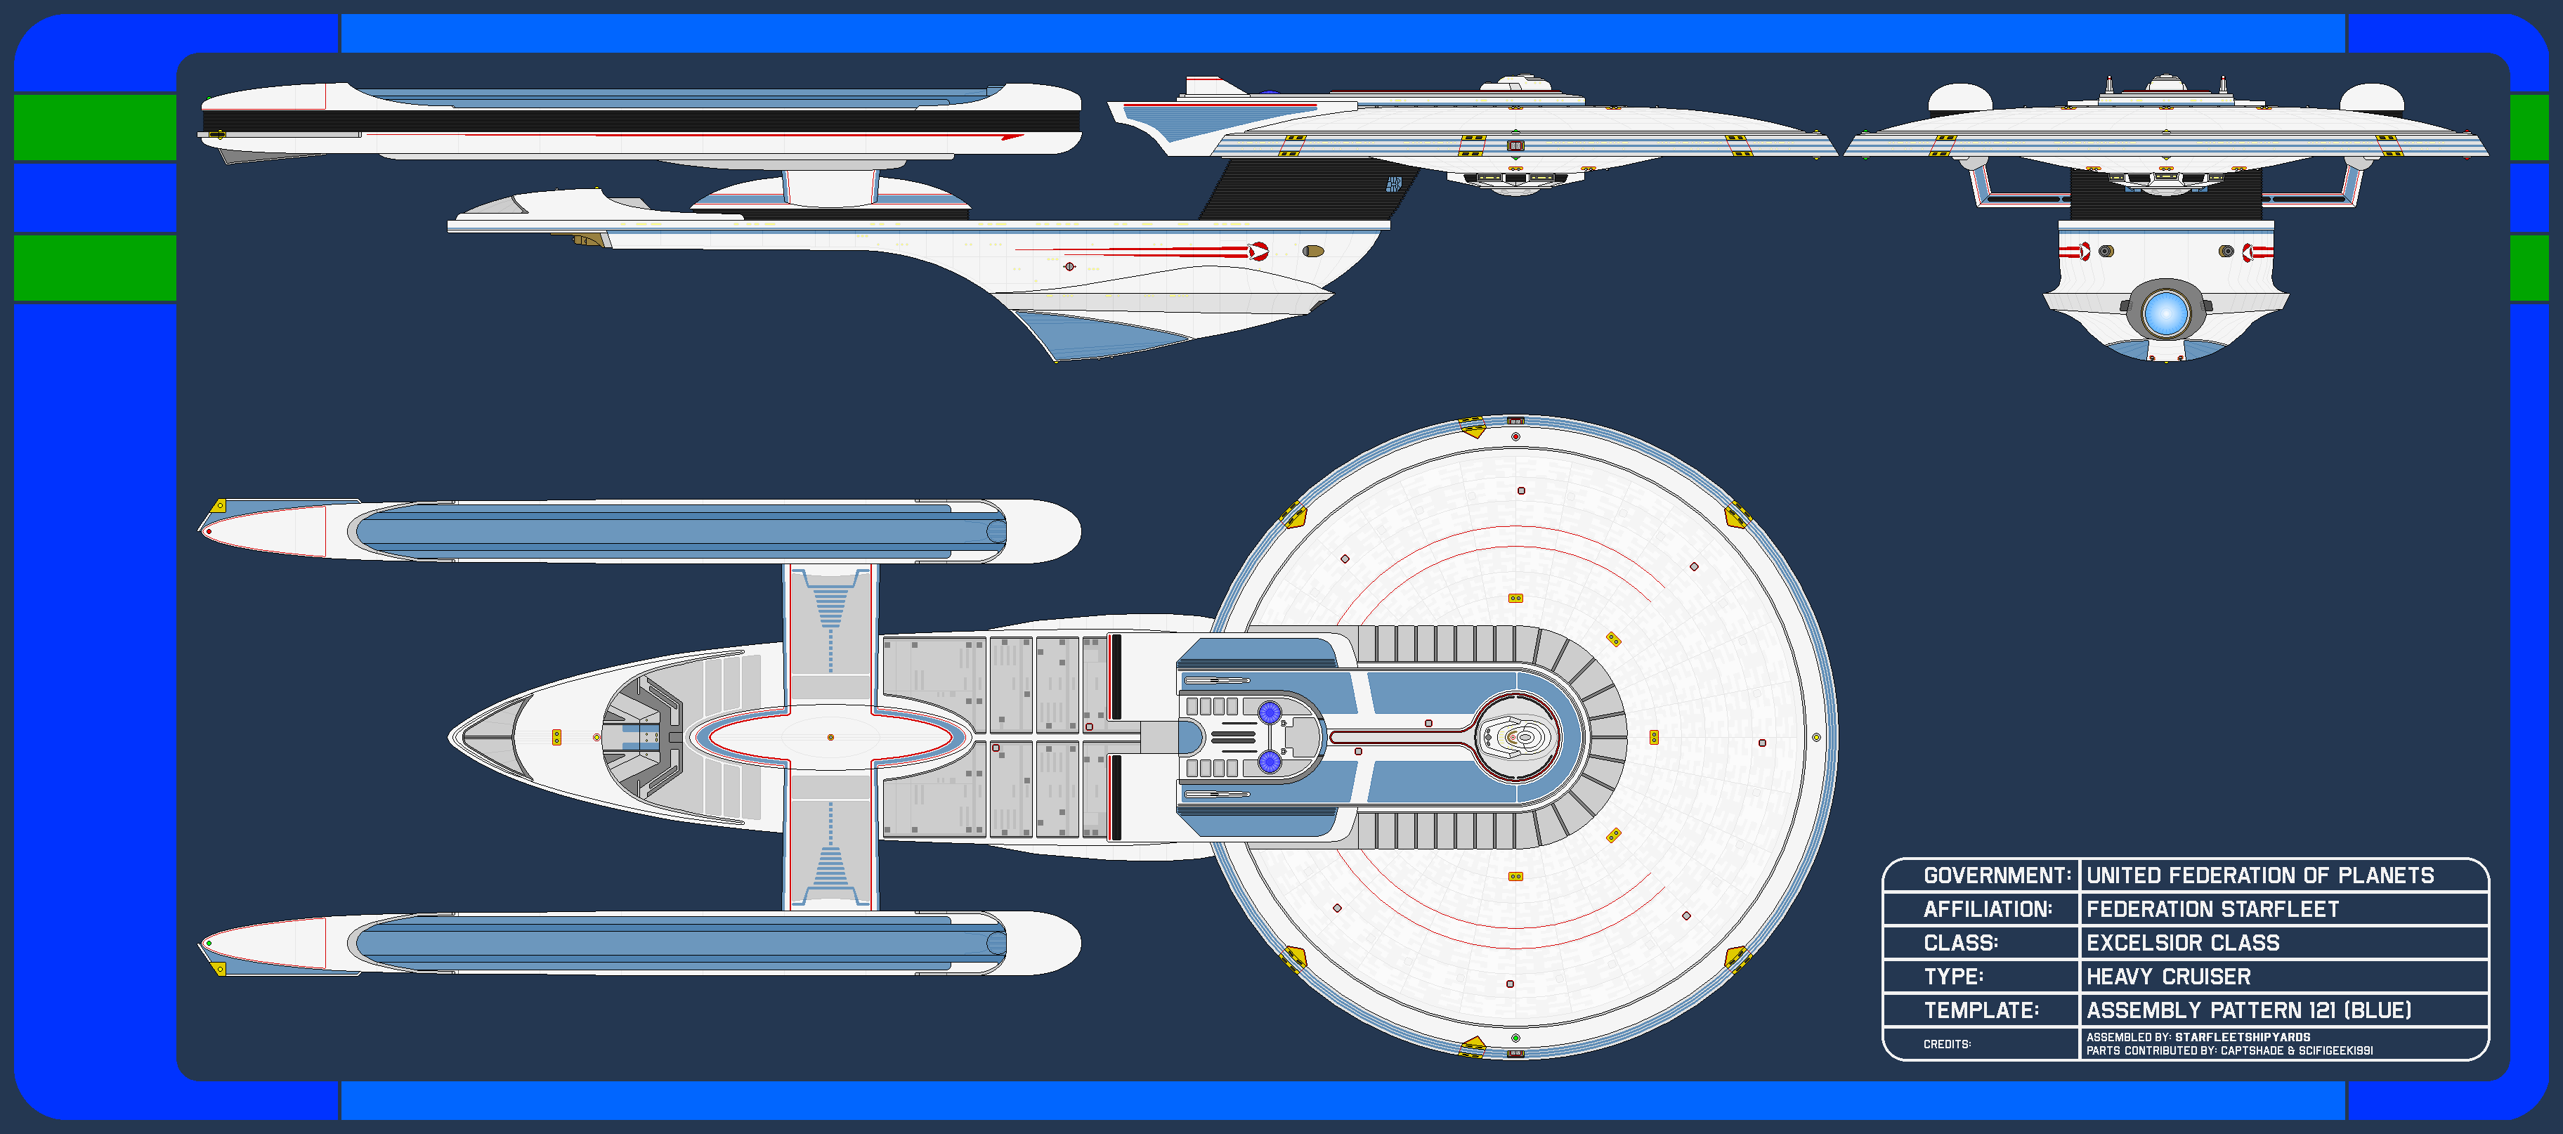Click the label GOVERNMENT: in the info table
click(1997, 875)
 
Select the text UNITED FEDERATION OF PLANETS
click(2259, 875)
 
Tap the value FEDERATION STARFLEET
click(2213, 909)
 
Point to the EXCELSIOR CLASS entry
click(2183, 943)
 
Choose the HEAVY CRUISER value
click(2168, 977)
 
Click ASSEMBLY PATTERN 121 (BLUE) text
click(2248, 1010)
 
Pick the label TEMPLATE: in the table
click(1981, 1010)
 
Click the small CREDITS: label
click(1947, 1045)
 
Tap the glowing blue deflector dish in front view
click(2165, 314)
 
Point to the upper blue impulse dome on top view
click(1269, 712)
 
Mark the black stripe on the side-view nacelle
click(641, 122)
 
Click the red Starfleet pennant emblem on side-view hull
click(1258, 251)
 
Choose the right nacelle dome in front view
click(2371, 98)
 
